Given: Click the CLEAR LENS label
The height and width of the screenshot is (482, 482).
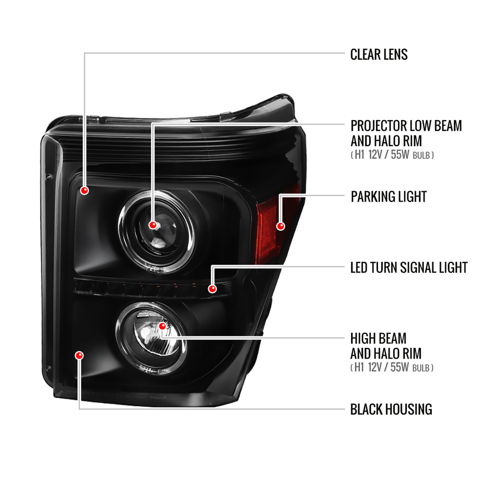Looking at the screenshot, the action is pos(379,54).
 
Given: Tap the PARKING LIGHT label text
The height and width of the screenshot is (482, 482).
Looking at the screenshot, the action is pos(388,197).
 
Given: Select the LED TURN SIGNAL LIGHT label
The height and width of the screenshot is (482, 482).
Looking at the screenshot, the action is pos(409,268).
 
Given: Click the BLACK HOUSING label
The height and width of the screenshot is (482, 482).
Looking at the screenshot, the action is pos(391,409).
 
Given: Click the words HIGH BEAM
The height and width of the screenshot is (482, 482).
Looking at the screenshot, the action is pos(378,338).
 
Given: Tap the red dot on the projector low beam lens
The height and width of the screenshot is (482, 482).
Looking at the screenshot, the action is pos(153,225).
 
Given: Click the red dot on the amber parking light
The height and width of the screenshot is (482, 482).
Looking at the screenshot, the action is pos(281,226).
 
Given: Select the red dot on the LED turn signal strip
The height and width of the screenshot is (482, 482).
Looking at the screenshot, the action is pos(212,289).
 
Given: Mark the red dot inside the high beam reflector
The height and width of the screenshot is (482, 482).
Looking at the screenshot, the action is pos(163,326).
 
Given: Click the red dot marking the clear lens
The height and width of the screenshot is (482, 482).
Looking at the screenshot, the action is pos(85,190).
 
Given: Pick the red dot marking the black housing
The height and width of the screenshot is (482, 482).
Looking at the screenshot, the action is pos(79,355).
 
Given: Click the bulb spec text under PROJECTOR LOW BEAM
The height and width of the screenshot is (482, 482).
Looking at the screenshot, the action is pos(392,155).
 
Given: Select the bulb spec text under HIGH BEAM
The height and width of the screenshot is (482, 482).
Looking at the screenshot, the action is pos(392,367).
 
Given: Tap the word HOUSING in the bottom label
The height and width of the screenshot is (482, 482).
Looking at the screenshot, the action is pos(409,409).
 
